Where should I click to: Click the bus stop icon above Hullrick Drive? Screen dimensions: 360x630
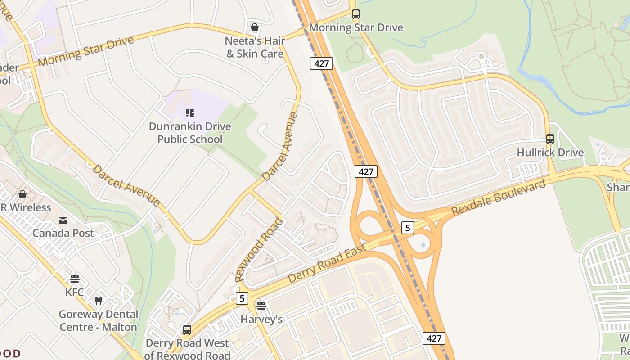pos(550,139)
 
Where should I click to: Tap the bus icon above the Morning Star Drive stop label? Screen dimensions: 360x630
pos(356,14)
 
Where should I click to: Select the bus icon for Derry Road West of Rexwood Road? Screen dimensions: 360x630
pos(187,330)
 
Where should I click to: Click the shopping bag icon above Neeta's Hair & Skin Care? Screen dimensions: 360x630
pos(255,28)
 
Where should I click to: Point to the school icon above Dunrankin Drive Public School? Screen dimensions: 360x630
pos(189,113)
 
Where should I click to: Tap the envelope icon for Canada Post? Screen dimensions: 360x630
pos(63,220)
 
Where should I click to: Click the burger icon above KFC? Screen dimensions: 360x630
pos(75,279)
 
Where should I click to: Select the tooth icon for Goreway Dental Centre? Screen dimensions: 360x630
pos(98,301)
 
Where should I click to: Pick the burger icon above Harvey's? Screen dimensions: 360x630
pos(261,306)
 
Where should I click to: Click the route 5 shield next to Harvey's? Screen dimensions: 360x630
pos(242,298)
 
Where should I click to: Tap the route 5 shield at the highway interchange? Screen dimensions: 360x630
pos(407,228)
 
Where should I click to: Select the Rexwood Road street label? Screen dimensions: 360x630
pos(259,250)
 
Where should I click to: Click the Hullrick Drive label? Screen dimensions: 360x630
pos(550,153)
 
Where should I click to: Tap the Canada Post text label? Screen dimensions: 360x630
pos(63,233)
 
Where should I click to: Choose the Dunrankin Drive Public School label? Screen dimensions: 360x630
pos(190,133)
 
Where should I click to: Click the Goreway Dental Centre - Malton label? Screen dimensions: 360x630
pos(98,320)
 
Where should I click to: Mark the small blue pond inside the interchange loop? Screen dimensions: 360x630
pos(423,245)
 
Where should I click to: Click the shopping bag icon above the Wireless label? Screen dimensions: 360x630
pos(22,195)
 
